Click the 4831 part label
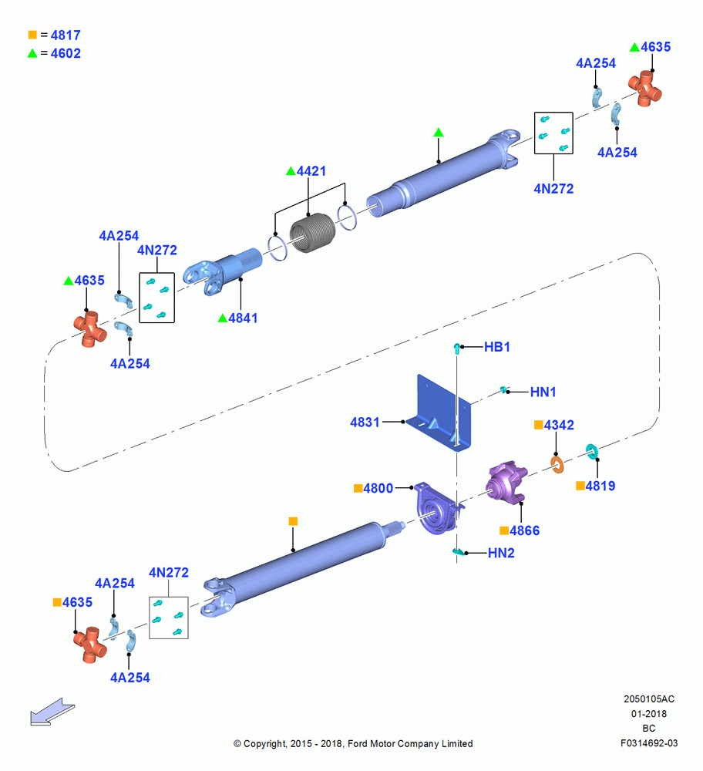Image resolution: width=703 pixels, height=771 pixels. pos(365,422)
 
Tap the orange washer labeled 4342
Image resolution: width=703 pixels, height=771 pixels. pos(557,465)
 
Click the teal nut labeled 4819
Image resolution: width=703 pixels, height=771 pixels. pos(592,451)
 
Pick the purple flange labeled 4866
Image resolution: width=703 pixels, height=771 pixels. pos(506,482)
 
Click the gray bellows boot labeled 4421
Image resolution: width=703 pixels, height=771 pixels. pos(312,233)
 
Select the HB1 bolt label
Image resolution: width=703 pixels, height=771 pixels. pos(497,347)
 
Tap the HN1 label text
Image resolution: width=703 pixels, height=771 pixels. pos(543,392)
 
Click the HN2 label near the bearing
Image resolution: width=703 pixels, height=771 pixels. pos(501,553)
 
